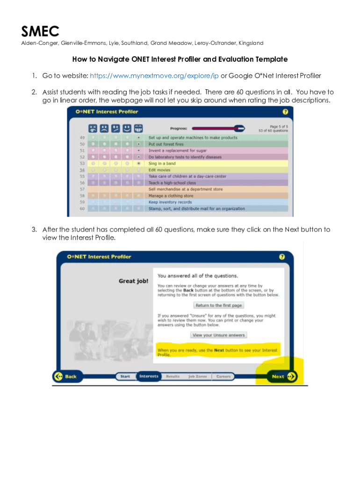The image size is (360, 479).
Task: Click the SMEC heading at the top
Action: (40, 31)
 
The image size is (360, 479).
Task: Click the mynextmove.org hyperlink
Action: (154, 76)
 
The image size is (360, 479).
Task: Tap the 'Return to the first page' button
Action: (218, 305)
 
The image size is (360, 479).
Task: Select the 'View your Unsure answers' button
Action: (218, 335)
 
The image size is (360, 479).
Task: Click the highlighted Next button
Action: (282, 376)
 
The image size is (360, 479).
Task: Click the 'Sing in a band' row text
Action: (162, 164)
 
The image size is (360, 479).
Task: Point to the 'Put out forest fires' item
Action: (166, 145)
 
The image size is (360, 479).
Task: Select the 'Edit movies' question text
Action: (159, 170)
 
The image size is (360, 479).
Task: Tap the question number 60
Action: (82, 209)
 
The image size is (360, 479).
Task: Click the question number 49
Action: (82, 138)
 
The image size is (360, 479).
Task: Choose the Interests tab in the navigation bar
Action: (149, 376)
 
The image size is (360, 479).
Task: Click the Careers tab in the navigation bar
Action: (223, 376)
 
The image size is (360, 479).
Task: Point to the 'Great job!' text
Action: (133, 281)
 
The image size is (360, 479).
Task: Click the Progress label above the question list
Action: (179, 128)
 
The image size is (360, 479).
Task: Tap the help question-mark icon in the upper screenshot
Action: (285, 112)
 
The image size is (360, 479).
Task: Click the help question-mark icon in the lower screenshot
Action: (282, 257)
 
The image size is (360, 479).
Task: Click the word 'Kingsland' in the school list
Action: (251, 43)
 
